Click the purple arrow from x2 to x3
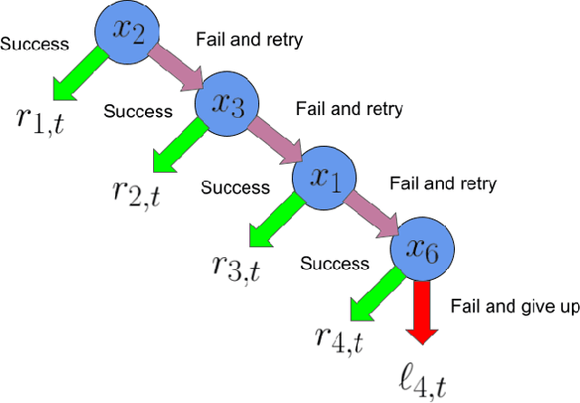pos(178,68)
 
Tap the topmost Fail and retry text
pos(250,39)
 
